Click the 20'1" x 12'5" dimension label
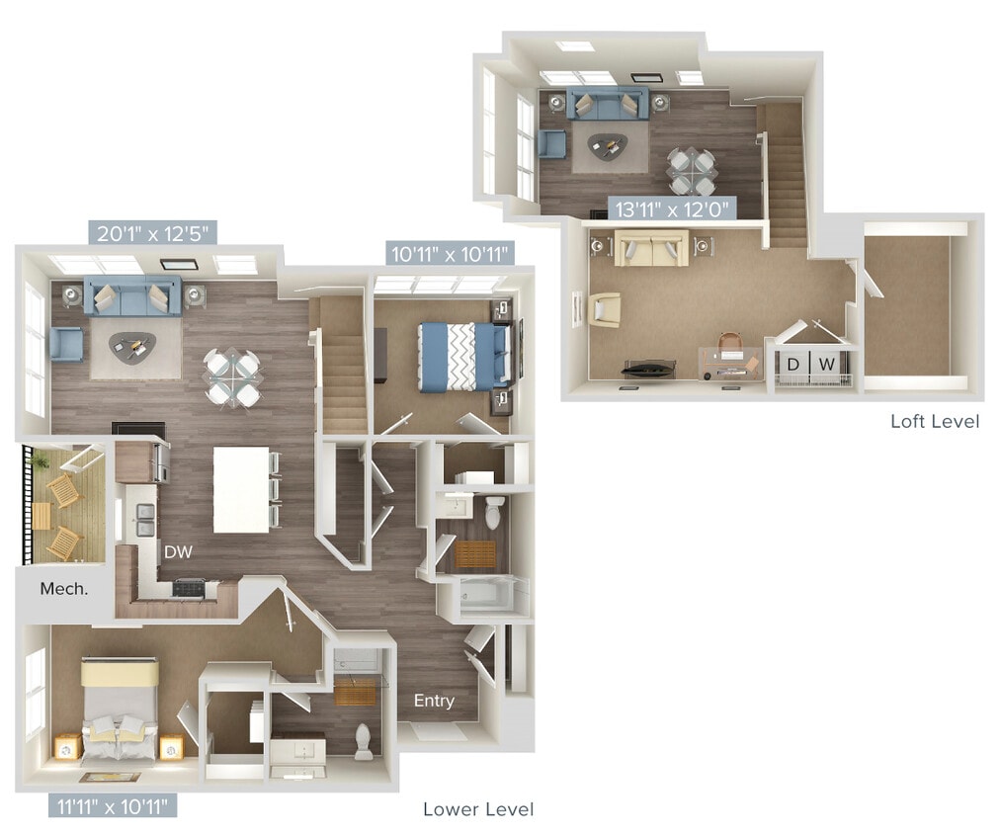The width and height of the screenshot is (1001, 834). pos(153,233)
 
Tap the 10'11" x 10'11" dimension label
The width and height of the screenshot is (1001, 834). pos(450,254)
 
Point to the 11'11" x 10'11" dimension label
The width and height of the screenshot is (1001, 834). pos(112,805)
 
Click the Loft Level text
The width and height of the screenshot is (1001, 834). pos(935,422)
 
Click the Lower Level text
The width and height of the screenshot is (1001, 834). pos(478,809)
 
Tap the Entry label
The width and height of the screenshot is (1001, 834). pos(434,701)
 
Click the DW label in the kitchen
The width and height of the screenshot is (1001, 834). pos(179,552)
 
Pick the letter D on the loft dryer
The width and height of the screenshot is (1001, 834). pos(792,365)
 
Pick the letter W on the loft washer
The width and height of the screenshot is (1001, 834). pos(828,365)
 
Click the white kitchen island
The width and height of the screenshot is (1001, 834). pos(241,489)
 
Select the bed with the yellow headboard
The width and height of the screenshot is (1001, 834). pos(119,711)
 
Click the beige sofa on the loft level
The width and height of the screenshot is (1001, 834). pos(651,248)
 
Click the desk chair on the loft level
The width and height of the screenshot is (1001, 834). pos(729,346)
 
